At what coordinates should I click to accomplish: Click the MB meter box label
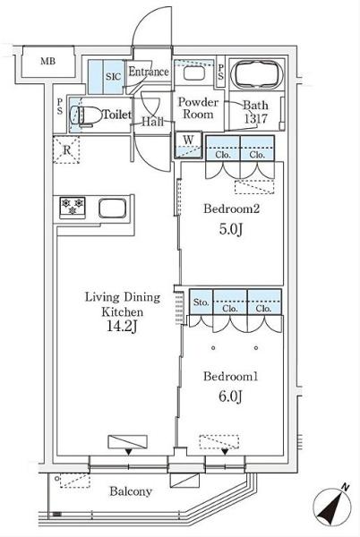(47, 61)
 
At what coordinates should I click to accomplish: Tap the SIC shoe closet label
(114, 76)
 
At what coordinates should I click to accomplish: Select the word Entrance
(149, 72)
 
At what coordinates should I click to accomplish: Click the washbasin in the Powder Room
(193, 73)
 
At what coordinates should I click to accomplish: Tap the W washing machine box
(188, 145)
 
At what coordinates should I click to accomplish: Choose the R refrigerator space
(66, 150)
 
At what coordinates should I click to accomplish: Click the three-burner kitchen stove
(73, 208)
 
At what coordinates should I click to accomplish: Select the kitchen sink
(112, 208)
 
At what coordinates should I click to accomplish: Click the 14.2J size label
(122, 327)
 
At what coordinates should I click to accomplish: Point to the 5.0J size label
(231, 229)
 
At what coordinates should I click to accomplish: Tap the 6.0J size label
(230, 396)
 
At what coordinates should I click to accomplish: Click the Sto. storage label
(201, 303)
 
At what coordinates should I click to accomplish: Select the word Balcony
(131, 491)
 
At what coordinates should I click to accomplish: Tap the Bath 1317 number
(255, 119)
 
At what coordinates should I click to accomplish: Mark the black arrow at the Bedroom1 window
(225, 452)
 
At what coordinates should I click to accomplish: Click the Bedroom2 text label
(232, 209)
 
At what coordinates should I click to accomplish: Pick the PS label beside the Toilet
(60, 107)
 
